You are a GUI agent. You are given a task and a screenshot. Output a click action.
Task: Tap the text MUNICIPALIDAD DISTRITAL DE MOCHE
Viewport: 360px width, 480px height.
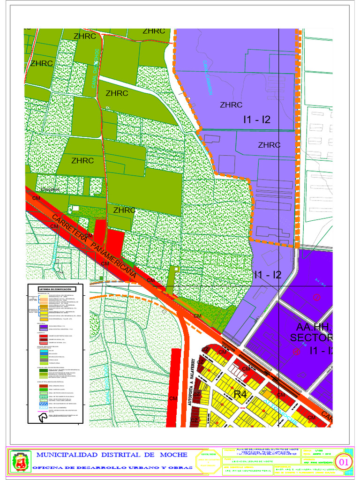(112, 455)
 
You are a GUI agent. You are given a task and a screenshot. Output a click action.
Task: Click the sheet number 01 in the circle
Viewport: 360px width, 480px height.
(345, 462)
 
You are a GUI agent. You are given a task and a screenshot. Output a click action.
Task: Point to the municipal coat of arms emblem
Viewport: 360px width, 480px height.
(21, 462)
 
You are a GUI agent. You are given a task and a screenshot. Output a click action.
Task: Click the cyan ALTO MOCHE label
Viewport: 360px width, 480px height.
(281, 412)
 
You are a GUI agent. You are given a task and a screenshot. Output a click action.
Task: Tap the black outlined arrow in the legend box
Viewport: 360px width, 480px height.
(43, 417)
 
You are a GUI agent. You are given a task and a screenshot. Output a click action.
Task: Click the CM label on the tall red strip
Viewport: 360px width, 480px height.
(173, 398)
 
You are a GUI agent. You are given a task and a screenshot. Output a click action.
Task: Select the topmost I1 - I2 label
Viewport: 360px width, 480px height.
(256, 120)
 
